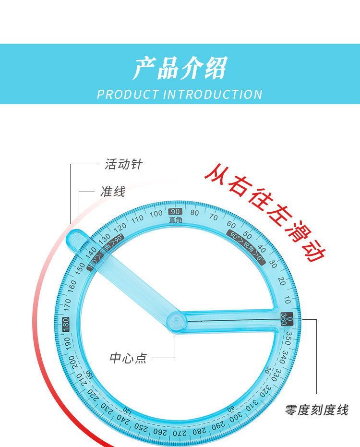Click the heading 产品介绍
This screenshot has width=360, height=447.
pyautogui.click(x=180, y=68)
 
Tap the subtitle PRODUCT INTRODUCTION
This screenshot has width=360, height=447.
pyautogui.click(x=180, y=94)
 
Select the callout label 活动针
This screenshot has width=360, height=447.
pyautogui.click(x=124, y=164)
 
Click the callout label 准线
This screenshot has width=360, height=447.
pyautogui.click(x=113, y=192)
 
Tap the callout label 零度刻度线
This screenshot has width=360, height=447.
pyautogui.click(x=316, y=410)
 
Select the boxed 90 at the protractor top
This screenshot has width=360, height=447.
pyautogui.click(x=175, y=212)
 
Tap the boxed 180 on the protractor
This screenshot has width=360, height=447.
pyautogui.click(x=66, y=324)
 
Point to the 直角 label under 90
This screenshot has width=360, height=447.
pyautogui.click(x=175, y=220)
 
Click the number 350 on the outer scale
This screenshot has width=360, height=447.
pyautogui.click(x=288, y=339)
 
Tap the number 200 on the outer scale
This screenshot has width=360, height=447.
pyautogui.click(x=72, y=361)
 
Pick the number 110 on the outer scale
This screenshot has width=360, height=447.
pyautogui.click(x=138, y=218)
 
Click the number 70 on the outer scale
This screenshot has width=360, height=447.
pyautogui.click(x=214, y=217)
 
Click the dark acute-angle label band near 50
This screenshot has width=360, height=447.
pyautogui.click(x=247, y=247)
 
